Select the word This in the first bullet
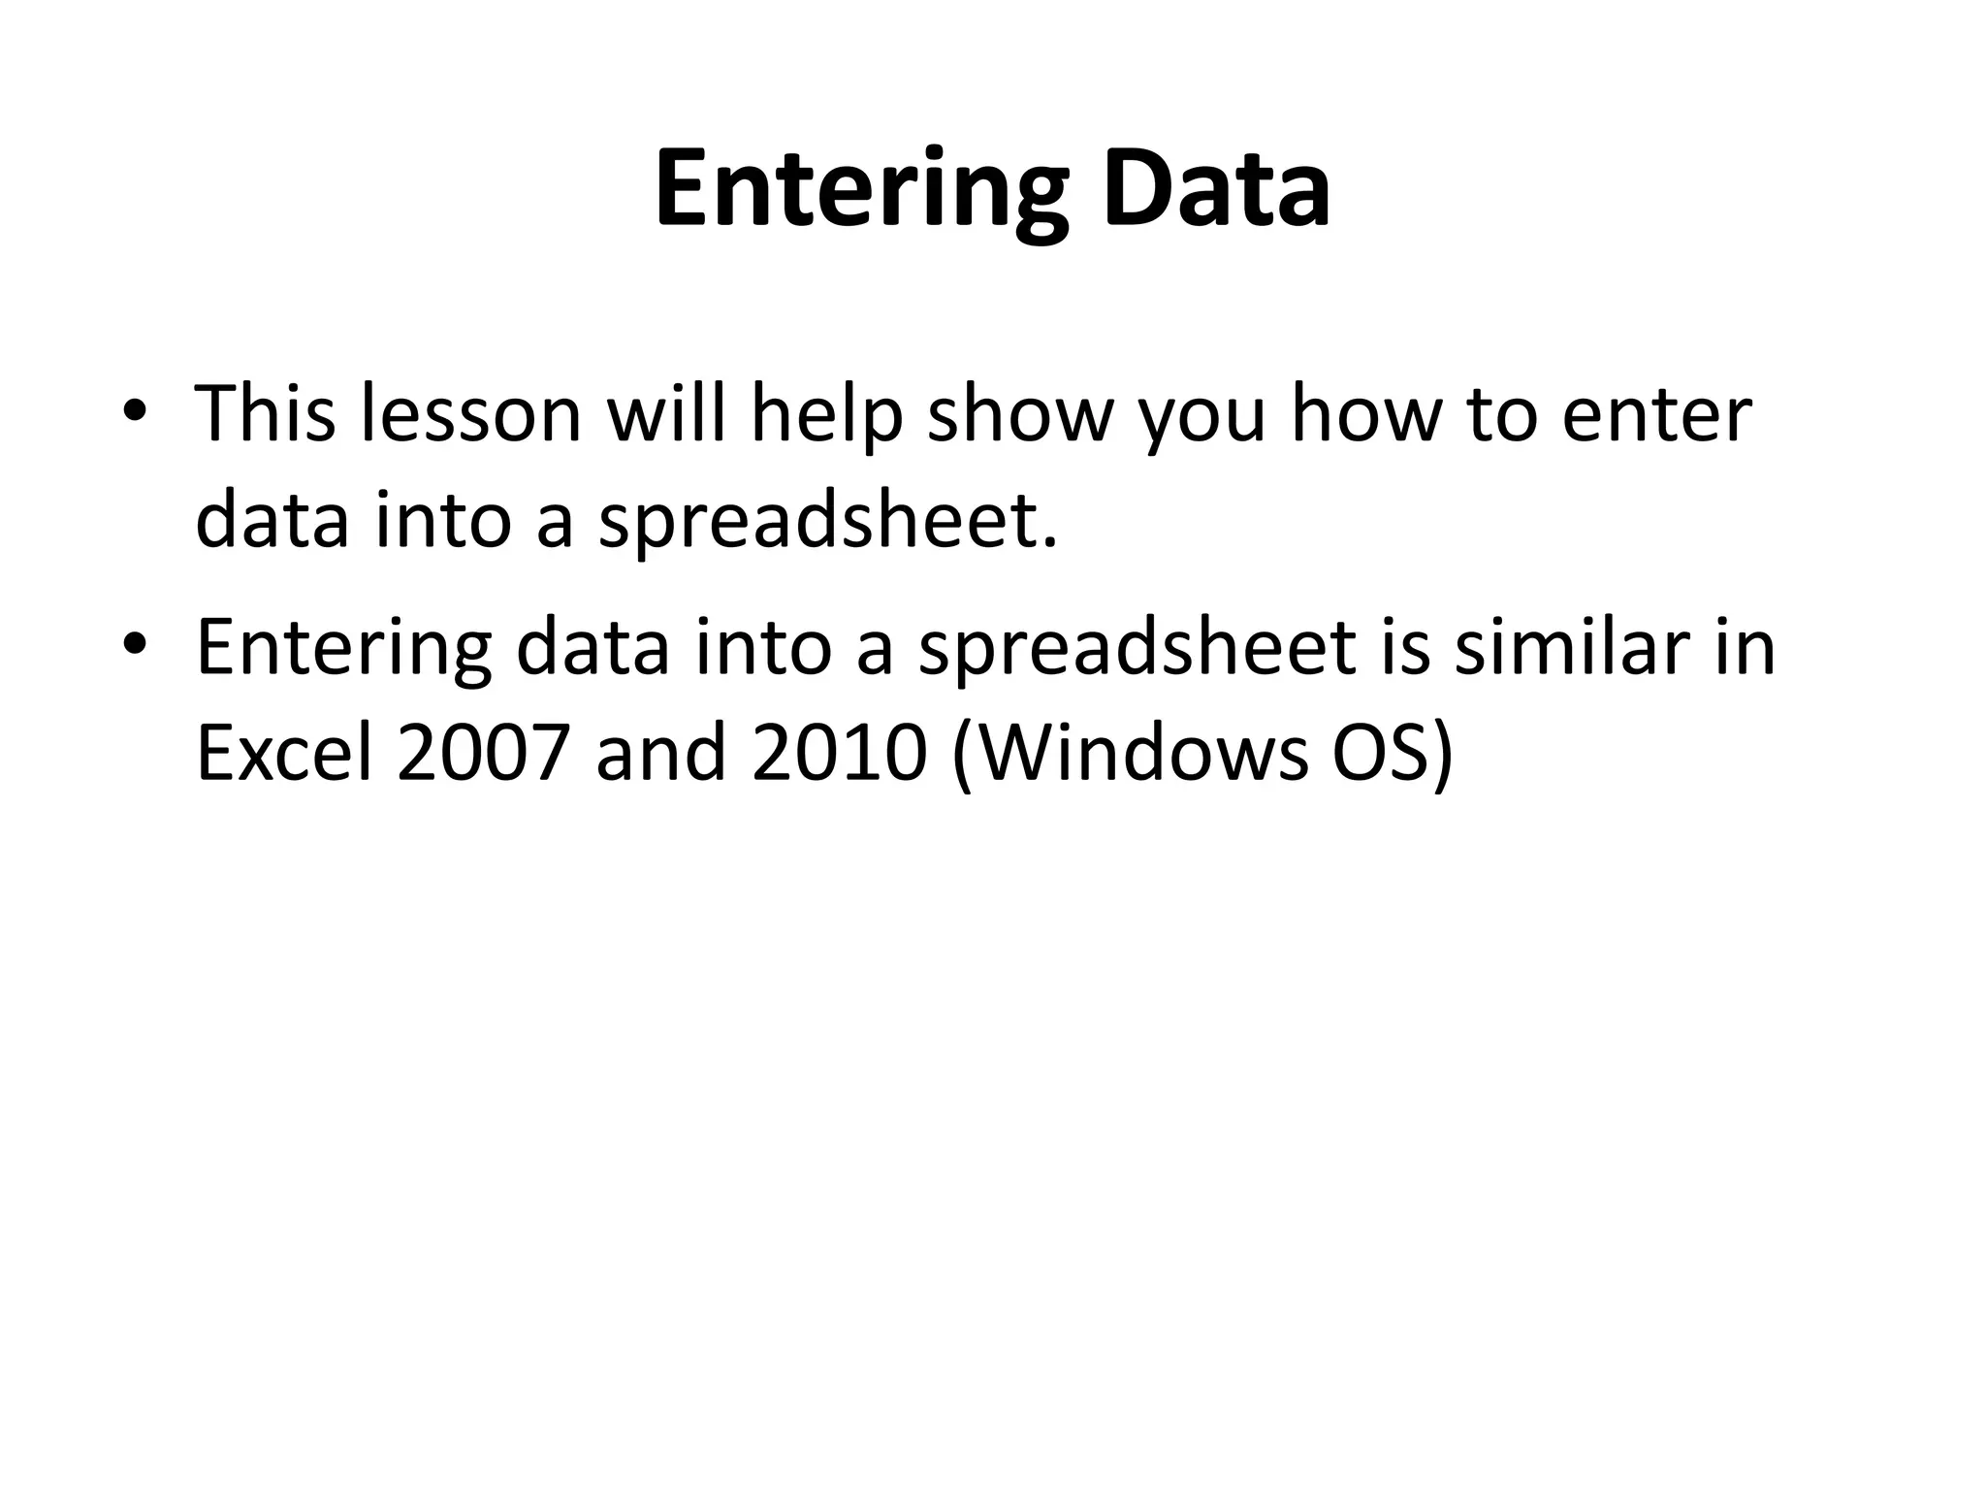[x=265, y=414]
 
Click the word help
[x=826, y=414]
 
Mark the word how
[x=1363, y=414]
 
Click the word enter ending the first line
[x=1658, y=414]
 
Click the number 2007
[x=482, y=754]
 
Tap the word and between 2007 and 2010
[x=660, y=754]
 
